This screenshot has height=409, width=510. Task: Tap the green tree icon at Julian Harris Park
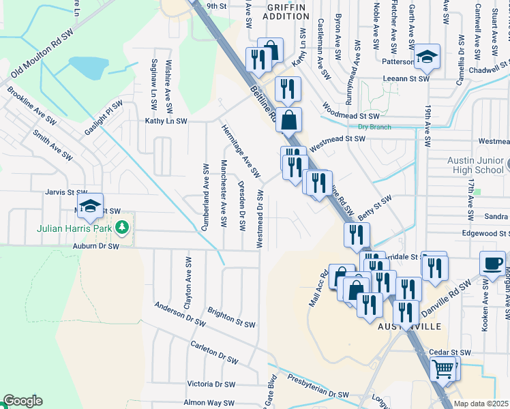click(x=122, y=227)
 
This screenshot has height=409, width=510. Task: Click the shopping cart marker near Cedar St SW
click(x=444, y=369)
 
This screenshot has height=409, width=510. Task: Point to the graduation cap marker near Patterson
click(x=427, y=57)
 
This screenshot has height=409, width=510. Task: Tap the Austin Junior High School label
click(x=475, y=165)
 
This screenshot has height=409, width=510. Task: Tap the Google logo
click(x=22, y=401)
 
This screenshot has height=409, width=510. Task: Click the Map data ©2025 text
click(x=480, y=404)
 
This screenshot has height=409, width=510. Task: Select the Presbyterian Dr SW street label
click(x=317, y=386)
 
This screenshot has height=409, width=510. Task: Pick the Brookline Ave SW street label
click(x=31, y=105)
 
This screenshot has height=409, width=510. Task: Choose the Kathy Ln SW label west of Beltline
click(x=166, y=121)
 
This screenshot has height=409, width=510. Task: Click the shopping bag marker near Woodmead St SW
click(x=289, y=120)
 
